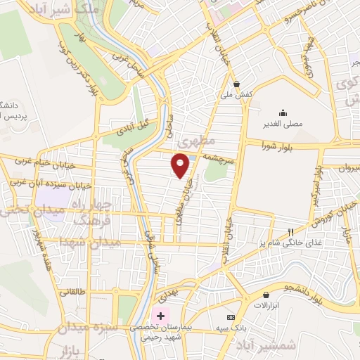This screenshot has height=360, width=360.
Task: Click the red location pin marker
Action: (181, 165)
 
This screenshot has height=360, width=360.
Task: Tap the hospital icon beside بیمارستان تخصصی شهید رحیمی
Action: (162, 314)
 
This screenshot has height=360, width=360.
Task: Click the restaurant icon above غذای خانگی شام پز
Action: (290, 232)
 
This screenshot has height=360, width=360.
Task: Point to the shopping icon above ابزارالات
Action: (266, 295)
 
